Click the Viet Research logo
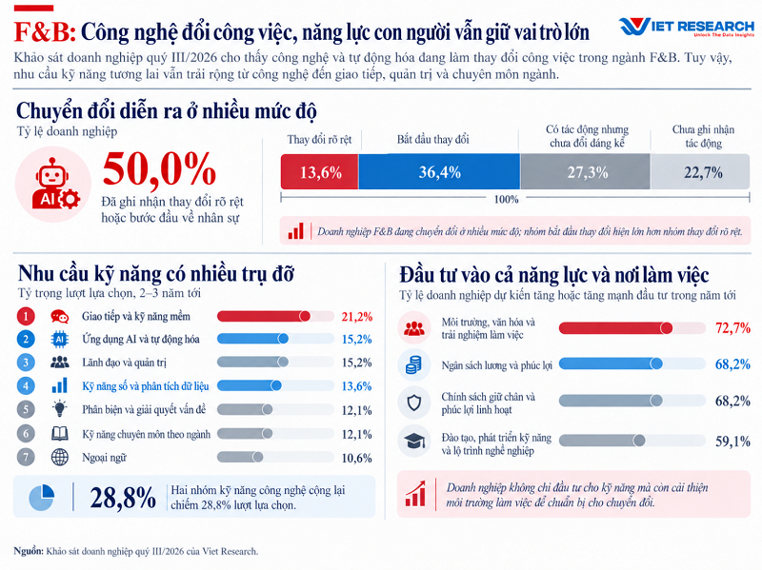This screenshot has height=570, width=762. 687,27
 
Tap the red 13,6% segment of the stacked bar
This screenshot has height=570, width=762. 320,171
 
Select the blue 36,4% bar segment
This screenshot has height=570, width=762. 439,171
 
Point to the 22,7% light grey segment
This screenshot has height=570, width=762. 700,171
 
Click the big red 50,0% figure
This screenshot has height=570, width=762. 159,168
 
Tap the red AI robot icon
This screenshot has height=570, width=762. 55,184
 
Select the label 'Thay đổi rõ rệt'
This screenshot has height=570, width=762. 319,140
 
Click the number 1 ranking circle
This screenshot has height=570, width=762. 26,317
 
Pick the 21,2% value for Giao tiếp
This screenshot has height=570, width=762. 356,317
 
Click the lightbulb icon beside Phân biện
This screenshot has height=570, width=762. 60,409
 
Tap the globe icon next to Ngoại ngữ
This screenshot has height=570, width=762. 60,457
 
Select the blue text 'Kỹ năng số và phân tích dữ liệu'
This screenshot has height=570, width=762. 146,386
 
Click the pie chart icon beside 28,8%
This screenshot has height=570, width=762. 41,497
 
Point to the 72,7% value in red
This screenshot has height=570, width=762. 732,328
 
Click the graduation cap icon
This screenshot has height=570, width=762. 414,442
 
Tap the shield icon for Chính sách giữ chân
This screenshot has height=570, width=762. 414,403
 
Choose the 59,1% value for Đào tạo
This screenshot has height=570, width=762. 732,442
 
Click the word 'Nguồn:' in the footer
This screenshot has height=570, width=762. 29,551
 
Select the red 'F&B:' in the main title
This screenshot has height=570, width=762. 45,32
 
